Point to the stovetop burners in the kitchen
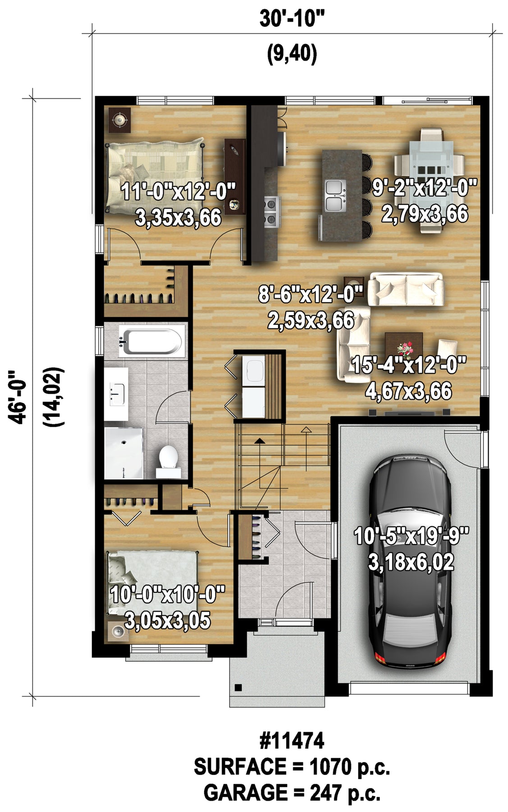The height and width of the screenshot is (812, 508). [x=272, y=211]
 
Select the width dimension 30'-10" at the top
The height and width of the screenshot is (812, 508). [x=292, y=19]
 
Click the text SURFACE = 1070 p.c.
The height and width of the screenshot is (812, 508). [x=292, y=766]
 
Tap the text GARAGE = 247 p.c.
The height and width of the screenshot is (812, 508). [x=292, y=793]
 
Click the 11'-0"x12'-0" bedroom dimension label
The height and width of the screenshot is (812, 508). [x=179, y=193]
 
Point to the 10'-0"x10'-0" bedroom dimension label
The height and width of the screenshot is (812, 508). [x=167, y=594]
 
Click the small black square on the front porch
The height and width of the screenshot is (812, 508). [x=238, y=687]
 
